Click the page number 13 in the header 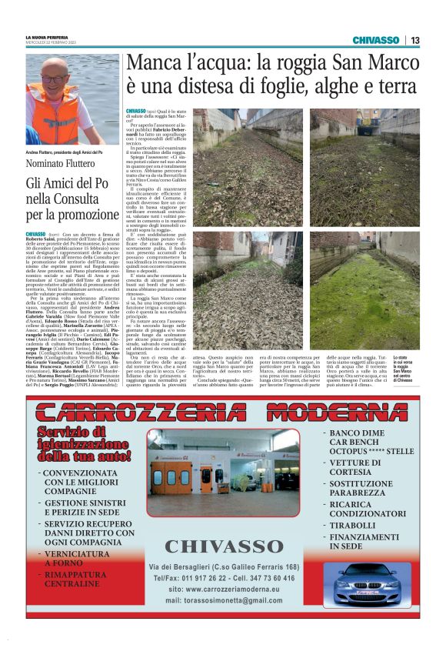tap(415, 40)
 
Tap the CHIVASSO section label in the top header tap(376, 40)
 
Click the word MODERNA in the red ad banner tap(344, 412)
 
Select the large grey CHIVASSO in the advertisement tap(224, 547)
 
